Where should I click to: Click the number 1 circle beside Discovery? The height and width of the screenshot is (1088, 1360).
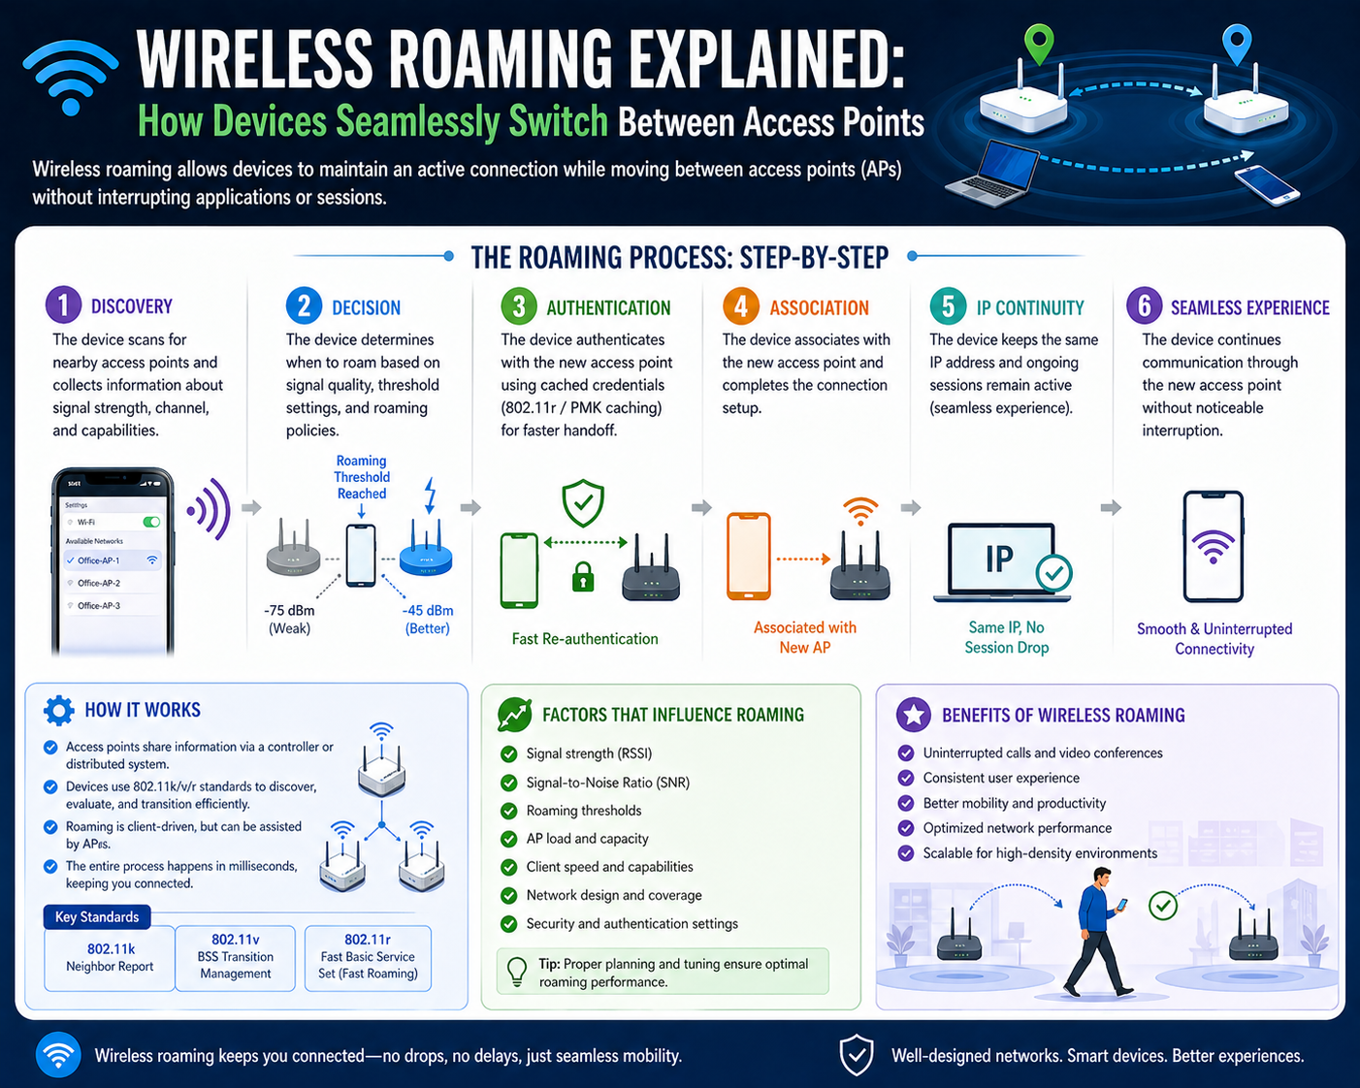[63, 305]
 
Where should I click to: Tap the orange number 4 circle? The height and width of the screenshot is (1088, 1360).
[741, 306]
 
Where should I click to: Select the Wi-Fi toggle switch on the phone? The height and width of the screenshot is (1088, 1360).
[151, 522]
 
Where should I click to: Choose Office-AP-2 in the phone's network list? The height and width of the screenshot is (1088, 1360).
[99, 583]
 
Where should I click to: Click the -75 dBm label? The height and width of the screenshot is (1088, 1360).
[289, 611]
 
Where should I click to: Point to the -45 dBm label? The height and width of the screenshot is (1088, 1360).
[428, 611]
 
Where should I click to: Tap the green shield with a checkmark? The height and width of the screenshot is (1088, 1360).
[583, 503]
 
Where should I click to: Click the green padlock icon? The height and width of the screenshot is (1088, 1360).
[583, 577]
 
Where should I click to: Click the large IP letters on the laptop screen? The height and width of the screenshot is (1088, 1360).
[1000, 558]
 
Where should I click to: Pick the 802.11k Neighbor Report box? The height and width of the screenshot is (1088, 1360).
[110, 958]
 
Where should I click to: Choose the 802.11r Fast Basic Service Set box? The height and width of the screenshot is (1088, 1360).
[368, 958]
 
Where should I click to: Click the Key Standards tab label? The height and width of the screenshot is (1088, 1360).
[97, 916]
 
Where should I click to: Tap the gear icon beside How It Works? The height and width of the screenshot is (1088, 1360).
[59, 710]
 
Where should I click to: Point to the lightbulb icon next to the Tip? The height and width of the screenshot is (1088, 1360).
[517, 971]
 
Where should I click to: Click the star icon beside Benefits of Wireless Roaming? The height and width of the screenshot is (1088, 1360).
[914, 715]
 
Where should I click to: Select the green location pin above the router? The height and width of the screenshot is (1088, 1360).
[1039, 43]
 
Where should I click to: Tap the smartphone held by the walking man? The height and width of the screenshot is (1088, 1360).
[1121, 904]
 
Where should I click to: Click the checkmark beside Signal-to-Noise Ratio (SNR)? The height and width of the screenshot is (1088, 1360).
[508, 783]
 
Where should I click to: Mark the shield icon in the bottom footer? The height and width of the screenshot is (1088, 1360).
[857, 1054]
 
